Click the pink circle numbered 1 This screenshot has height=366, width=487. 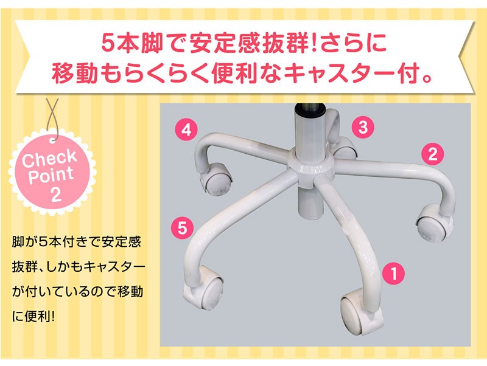pyautogui.click(x=393, y=273)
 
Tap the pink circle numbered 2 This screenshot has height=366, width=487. pyautogui.click(x=432, y=154)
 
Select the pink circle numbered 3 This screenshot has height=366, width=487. pyautogui.click(x=363, y=127)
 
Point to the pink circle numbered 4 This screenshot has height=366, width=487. pyautogui.click(x=186, y=129)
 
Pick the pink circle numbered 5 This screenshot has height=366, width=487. pyautogui.click(x=182, y=228)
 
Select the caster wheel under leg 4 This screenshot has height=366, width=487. pyautogui.click(x=216, y=179)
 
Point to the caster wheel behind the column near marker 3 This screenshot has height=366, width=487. pyautogui.click(x=345, y=148)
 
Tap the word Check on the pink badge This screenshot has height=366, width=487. pyautogui.click(x=49, y=157)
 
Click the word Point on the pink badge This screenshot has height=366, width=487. pyautogui.click(x=51, y=175)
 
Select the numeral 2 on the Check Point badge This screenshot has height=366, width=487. pyautogui.click(x=55, y=195)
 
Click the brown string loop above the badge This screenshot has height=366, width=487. pyautogui.click(x=53, y=118)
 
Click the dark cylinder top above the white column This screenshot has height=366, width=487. pyautogui.click(x=310, y=109)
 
